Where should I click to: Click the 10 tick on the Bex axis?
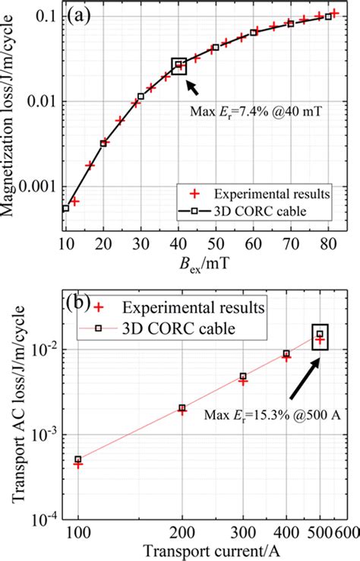65,242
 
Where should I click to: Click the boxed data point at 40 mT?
179,65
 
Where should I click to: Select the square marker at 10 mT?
65,208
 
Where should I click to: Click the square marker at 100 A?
78,459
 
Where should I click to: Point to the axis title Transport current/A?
197,549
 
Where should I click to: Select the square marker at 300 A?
243,376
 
